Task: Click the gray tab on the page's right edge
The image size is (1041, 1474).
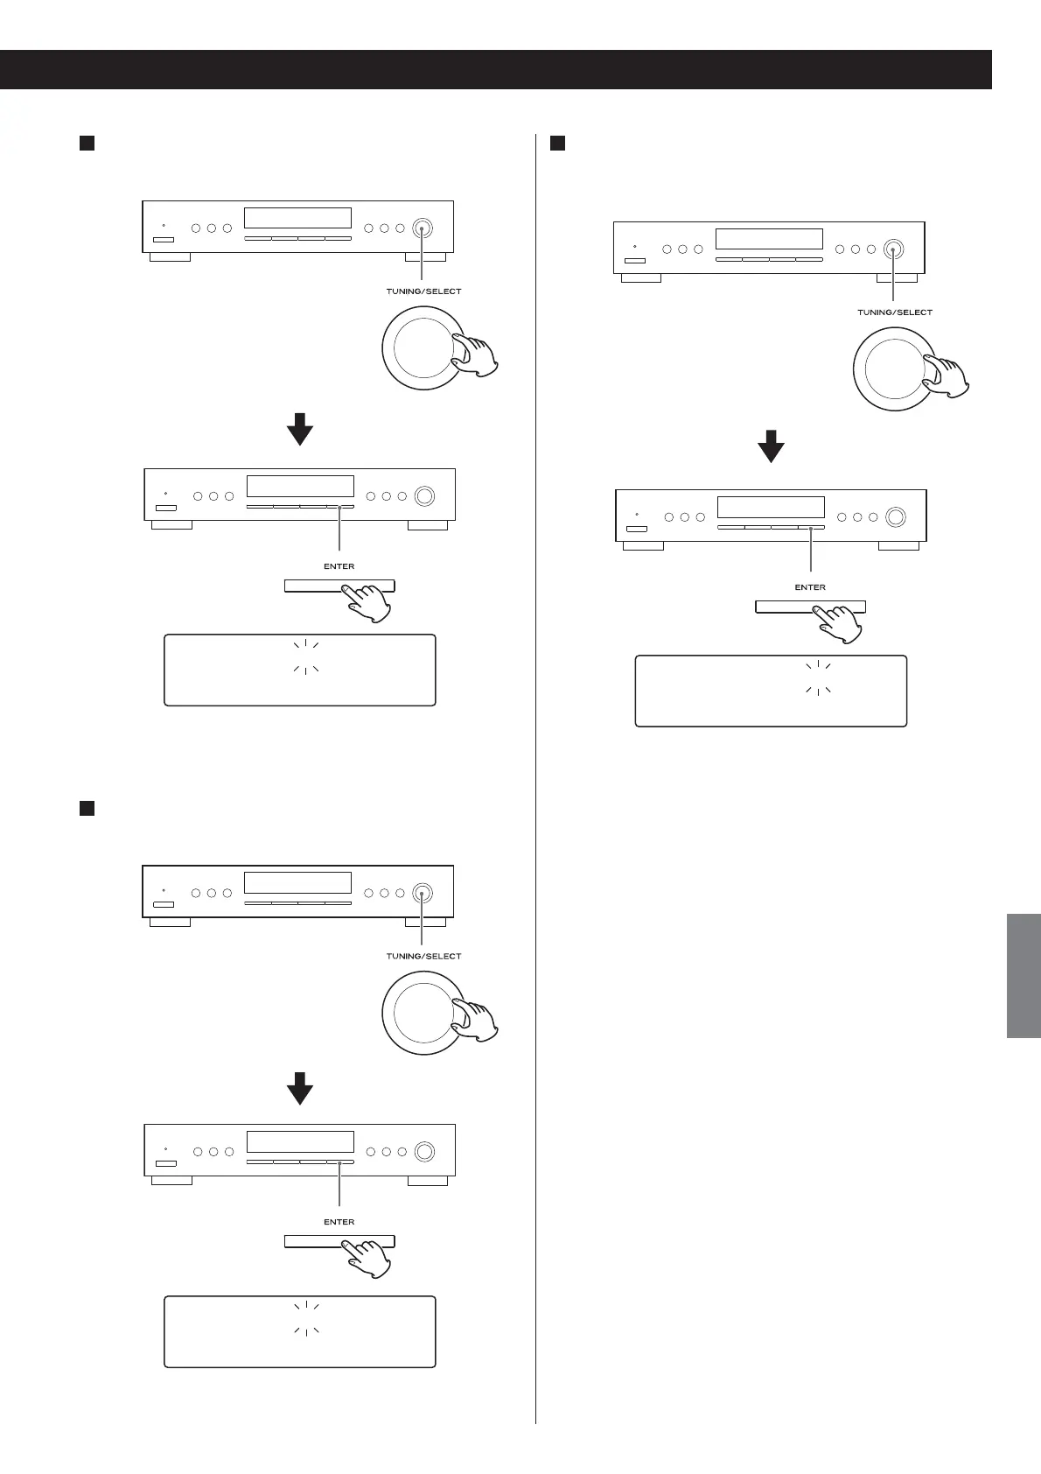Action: (x=1023, y=975)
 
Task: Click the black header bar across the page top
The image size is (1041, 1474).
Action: (x=495, y=69)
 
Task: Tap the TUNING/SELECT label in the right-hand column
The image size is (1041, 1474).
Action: (x=894, y=312)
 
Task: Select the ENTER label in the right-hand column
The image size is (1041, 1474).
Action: (x=809, y=587)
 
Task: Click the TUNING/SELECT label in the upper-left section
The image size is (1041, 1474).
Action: (x=423, y=291)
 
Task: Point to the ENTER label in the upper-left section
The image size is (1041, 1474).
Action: (x=339, y=566)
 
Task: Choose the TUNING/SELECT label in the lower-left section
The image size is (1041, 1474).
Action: (x=423, y=956)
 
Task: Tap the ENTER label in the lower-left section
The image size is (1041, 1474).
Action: (x=339, y=1222)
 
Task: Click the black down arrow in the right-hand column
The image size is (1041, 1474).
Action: (x=771, y=446)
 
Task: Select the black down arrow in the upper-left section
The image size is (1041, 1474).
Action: (x=300, y=428)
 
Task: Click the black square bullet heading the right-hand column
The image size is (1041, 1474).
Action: (x=557, y=143)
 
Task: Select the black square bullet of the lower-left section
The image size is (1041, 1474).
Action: (x=87, y=808)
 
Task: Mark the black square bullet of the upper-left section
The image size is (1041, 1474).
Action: (x=87, y=143)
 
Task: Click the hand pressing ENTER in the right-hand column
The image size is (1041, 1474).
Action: (x=837, y=624)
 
